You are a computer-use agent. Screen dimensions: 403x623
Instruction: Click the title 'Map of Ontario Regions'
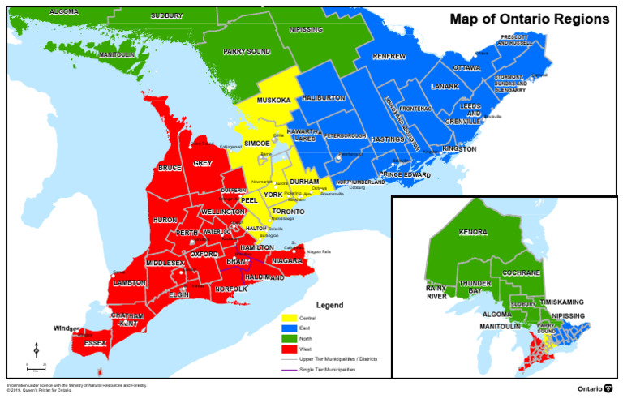coord(530,18)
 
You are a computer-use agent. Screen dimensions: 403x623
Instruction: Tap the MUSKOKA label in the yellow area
coord(273,101)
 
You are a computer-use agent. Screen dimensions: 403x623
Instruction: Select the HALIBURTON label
coord(324,98)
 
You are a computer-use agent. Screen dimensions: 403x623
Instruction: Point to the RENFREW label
coord(389,57)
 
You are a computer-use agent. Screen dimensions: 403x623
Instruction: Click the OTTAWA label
coord(466,67)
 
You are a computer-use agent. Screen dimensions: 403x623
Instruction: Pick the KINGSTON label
coord(459,149)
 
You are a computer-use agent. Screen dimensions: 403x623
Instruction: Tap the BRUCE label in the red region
coord(170,169)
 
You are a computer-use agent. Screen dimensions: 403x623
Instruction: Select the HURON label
coord(165,220)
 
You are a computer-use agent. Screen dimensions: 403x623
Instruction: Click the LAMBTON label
coord(130,283)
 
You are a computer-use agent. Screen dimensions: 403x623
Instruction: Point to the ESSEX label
coord(96,343)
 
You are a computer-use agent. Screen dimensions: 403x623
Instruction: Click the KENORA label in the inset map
coord(473,232)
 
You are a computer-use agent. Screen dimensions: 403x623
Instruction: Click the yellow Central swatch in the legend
coord(288,318)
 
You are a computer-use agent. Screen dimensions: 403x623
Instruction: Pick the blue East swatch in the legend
coord(288,328)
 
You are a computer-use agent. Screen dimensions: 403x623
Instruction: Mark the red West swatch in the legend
coord(288,348)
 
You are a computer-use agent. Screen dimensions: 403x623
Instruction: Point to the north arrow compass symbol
coord(37,350)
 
